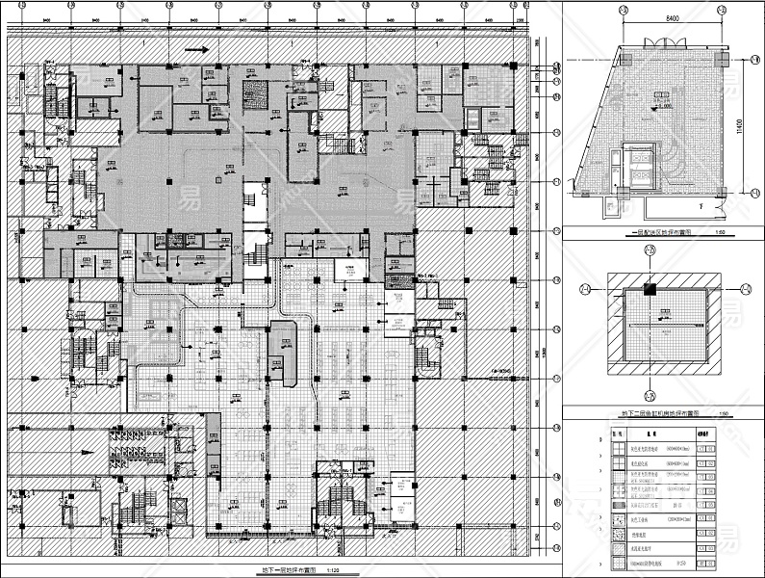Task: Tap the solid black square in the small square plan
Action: click(x=649, y=288)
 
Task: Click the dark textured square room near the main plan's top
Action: click(x=256, y=93)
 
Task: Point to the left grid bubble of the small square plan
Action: click(x=584, y=288)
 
